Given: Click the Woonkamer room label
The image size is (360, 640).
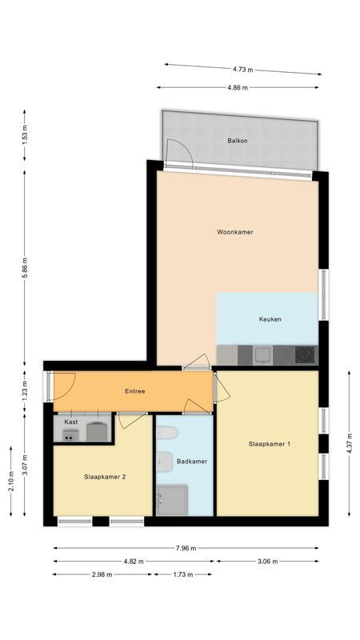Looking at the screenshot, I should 234,232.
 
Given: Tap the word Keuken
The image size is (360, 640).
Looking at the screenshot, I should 270,319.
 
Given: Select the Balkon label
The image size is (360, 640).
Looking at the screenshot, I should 238,141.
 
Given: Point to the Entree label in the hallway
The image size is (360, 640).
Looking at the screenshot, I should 135,391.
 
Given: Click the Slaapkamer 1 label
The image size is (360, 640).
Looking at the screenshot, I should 269,444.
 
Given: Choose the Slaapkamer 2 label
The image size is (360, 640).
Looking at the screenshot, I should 105,476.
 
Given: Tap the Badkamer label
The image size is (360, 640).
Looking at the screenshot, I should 192,462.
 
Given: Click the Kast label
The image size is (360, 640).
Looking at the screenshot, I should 71,421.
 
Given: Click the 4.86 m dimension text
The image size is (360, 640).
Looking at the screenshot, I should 238,87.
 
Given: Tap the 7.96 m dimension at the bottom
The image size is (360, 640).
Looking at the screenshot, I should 186,549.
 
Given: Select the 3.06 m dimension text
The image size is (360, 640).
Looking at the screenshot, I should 267,561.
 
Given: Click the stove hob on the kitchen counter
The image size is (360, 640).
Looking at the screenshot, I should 304,354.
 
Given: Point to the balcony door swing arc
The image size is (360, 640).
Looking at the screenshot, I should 180,151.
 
